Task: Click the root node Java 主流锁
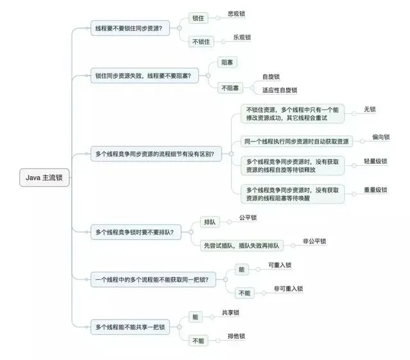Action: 44,177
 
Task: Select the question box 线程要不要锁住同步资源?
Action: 128,29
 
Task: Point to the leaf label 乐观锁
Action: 242,38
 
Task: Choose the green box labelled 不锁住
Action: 202,42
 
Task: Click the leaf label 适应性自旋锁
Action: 279,90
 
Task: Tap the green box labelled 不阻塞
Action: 231,87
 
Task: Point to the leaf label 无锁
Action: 369,110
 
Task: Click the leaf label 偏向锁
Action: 381,137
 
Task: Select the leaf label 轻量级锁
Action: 375,161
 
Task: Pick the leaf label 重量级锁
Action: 375,190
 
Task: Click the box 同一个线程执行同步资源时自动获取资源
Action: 296,142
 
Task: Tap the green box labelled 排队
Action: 210,222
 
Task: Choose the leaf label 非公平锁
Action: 314,241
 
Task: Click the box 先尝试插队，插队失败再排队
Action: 241,245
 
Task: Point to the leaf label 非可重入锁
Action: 288,289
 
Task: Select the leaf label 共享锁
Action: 231,313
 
